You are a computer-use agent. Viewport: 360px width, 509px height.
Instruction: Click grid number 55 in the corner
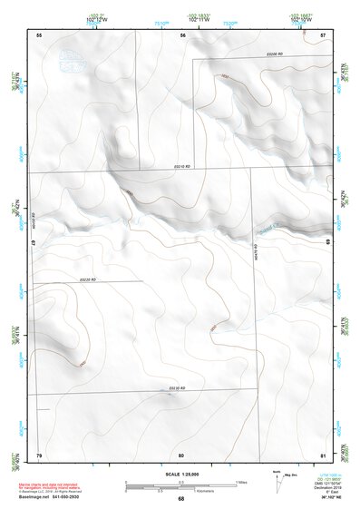(x=39, y=34)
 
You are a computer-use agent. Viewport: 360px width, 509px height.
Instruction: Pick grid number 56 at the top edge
(x=182, y=34)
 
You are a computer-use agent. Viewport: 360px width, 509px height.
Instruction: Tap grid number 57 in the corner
(x=324, y=34)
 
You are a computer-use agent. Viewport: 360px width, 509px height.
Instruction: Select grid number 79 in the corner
(x=39, y=454)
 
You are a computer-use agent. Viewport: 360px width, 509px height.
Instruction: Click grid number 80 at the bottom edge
(x=181, y=454)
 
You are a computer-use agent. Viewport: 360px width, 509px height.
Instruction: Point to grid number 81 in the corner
(x=324, y=454)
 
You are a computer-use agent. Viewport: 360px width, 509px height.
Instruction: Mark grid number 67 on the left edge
(x=34, y=244)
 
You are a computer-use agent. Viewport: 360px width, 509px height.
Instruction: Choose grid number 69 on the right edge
(x=327, y=244)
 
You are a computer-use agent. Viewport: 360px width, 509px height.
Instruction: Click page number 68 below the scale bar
(x=181, y=498)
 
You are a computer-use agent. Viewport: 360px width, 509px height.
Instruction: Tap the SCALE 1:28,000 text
(x=181, y=474)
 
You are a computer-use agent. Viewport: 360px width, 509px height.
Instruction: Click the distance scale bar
(x=181, y=485)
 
